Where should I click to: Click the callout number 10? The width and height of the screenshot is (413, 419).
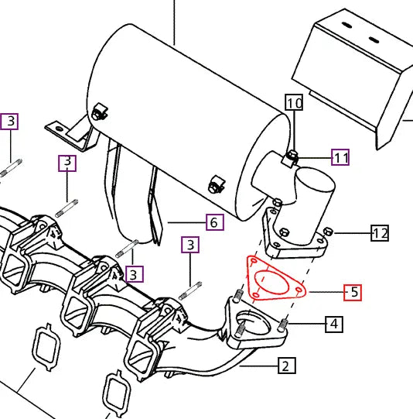[294, 102]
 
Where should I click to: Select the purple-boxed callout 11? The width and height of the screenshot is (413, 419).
[341, 158]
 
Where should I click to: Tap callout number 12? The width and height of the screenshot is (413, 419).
[380, 232]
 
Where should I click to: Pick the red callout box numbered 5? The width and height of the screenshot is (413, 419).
[353, 292]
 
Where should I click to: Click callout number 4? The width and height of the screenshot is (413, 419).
[333, 323]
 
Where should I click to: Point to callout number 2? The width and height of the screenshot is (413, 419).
[285, 365]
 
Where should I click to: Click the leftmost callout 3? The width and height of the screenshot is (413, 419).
[10, 121]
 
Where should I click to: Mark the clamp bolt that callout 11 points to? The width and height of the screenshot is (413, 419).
[292, 158]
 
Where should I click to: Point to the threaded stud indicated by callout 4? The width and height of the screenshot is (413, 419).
[283, 322]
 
